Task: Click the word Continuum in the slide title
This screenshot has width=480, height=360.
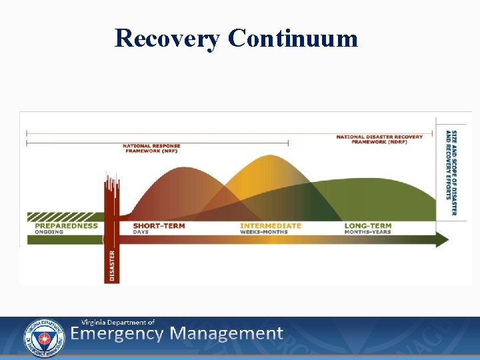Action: coord(293,38)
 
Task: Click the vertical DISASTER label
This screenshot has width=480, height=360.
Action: coord(111,265)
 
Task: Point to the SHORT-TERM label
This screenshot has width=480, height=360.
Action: coord(159,225)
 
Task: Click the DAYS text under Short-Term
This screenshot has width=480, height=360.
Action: coord(140,232)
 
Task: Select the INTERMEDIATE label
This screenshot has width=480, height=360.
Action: coord(271,225)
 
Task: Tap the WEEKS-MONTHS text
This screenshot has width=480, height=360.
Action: coord(264,232)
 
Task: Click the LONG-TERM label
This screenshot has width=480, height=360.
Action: coord(368,225)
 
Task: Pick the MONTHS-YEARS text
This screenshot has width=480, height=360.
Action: coord(367,232)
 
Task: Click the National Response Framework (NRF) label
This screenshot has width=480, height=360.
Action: coord(151,148)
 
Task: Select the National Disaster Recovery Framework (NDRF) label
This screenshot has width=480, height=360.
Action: coord(379,139)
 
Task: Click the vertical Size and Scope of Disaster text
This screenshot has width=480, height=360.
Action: coord(451,173)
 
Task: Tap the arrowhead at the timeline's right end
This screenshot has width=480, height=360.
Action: coord(442,239)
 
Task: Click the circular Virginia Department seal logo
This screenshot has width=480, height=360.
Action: coord(44,337)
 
